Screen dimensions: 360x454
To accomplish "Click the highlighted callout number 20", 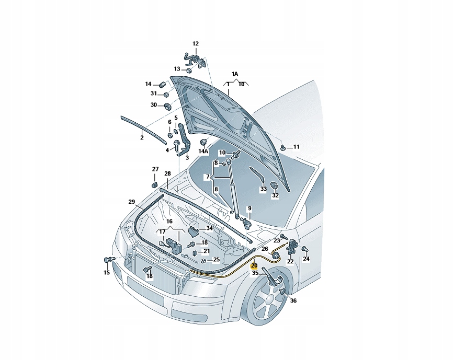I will [254, 266].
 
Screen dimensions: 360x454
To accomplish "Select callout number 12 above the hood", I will [196, 44].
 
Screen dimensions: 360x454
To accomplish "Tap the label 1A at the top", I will [235, 74].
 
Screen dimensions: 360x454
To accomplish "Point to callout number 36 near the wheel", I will [293, 301].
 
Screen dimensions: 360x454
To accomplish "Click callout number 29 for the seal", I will [132, 201].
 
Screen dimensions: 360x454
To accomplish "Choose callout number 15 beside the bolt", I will [107, 272].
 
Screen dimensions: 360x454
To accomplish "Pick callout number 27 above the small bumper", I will [155, 169].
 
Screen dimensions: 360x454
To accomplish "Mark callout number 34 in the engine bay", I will [209, 228].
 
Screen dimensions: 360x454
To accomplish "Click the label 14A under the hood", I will [203, 151].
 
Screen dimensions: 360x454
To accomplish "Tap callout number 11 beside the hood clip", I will [296, 147].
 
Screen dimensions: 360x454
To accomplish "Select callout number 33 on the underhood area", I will [264, 189].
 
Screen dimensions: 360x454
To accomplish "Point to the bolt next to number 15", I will [109, 259].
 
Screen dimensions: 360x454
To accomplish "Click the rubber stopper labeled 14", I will [162, 84].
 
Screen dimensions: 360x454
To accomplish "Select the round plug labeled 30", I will [168, 106].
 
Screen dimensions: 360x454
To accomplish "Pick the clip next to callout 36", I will [283, 292].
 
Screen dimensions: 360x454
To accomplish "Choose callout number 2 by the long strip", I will [141, 138].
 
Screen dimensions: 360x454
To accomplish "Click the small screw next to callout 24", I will [304, 249].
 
